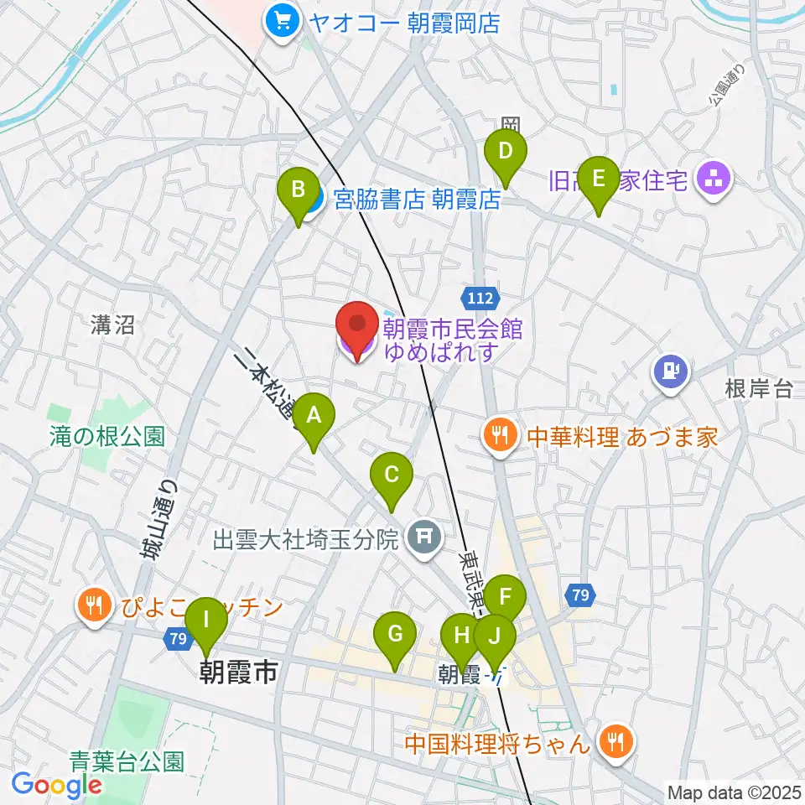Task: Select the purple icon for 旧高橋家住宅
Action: pyautogui.click(x=714, y=179)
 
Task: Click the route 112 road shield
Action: pyautogui.click(x=480, y=296)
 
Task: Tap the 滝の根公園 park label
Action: pyautogui.click(x=106, y=435)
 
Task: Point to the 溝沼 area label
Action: pyautogui.click(x=113, y=325)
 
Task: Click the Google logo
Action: pyautogui.click(x=56, y=784)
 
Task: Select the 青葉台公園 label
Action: pyautogui.click(x=127, y=761)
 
